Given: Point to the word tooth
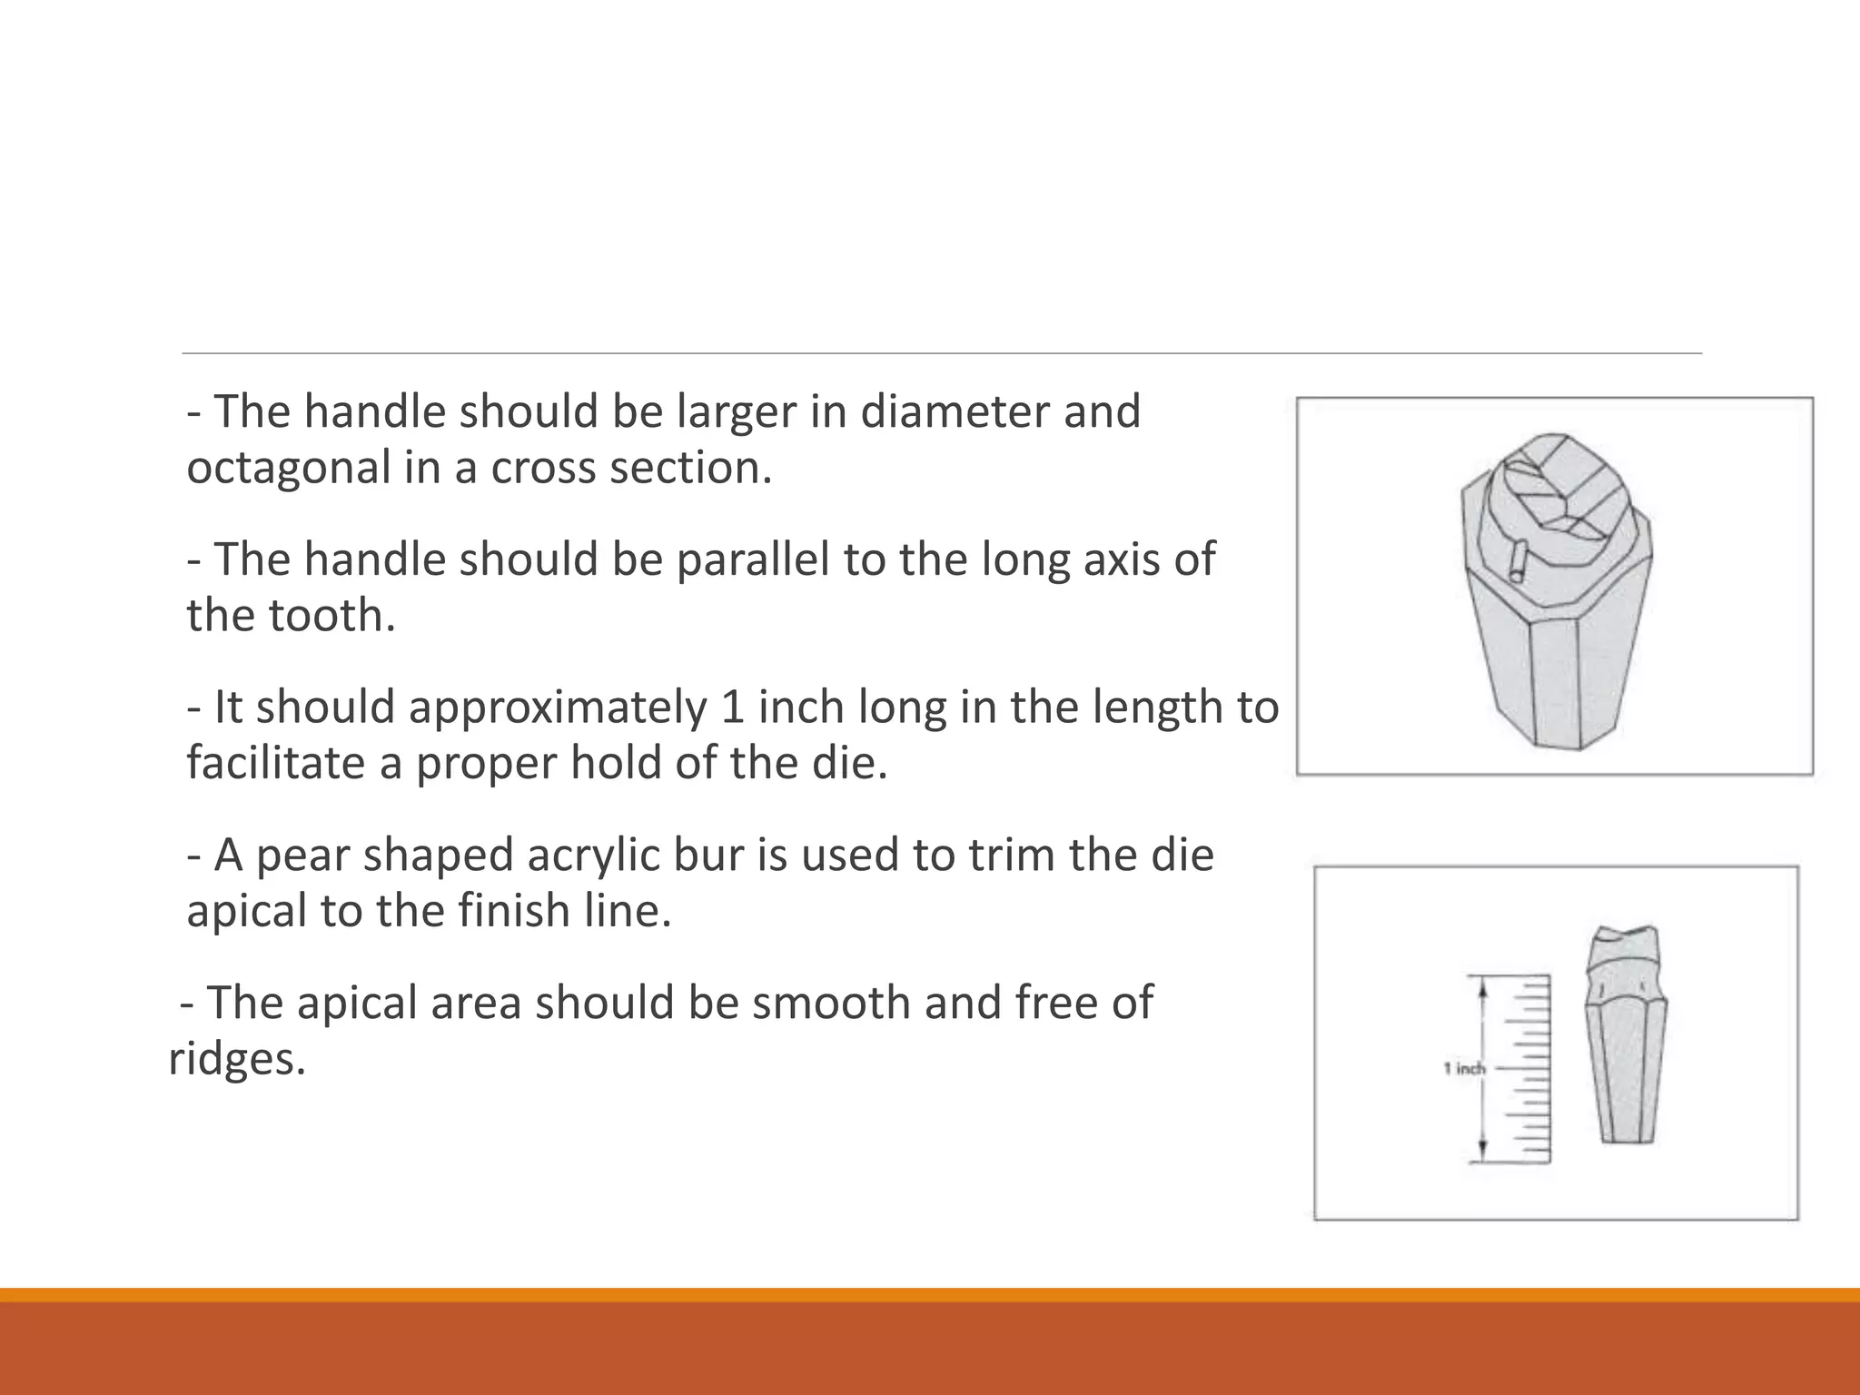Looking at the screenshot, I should pyautogui.click(x=331, y=616).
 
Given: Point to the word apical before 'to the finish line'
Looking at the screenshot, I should pyautogui.click(x=246, y=911).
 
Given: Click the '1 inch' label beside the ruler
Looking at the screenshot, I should pyautogui.click(x=1464, y=1069).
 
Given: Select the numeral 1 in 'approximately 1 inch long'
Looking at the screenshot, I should pyautogui.click(x=733, y=707).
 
